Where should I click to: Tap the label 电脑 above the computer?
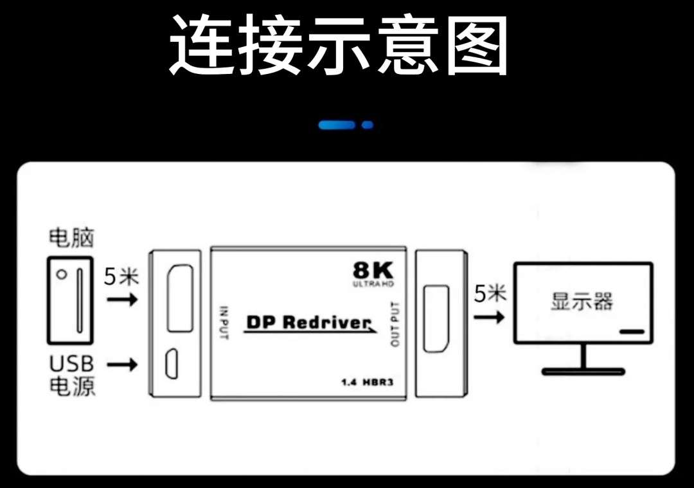pyautogui.click(x=71, y=238)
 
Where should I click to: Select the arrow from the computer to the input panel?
pyautogui.click(x=122, y=300)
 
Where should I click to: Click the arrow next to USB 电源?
pyautogui.click(x=122, y=365)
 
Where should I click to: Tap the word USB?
pyautogui.click(x=71, y=364)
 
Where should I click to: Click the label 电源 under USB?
pyautogui.click(x=71, y=386)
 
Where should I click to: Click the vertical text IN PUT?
pyautogui.click(x=224, y=322)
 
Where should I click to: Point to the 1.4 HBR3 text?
pyautogui.click(x=366, y=383)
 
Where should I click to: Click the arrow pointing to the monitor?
pyautogui.click(x=488, y=317)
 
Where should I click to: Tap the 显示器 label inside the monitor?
pyautogui.click(x=582, y=302)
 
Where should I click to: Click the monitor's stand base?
pyautogui.click(x=583, y=371)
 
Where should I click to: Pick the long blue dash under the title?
pyautogui.click(x=336, y=125)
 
